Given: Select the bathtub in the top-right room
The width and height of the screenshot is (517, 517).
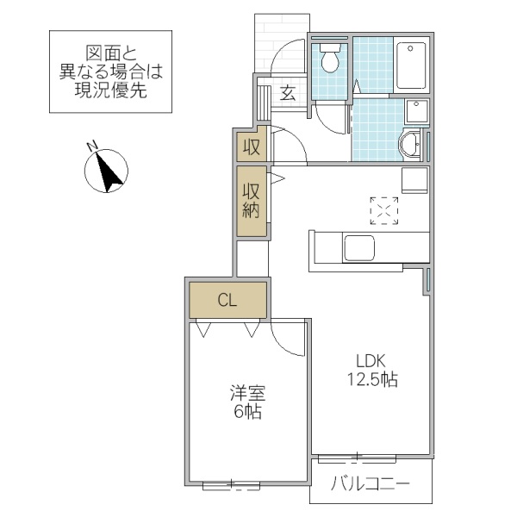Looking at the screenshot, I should pyautogui.click(x=413, y=65).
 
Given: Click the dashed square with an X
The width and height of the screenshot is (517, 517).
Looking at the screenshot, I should pyautogui.click(x=384, y=210).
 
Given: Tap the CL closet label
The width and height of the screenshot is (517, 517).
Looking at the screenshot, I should pyautogui.click(x=227, y=301).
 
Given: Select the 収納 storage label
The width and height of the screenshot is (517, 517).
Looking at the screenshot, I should pyautogui.click(x=251, y=201).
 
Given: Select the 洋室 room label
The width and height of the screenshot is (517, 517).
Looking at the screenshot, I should pyautogui.click(x=247, y=394).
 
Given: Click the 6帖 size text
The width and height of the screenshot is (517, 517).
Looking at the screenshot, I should pyautogui.click(x=247, y=413).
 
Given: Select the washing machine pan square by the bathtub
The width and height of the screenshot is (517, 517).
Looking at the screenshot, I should pyautogui.click(x=416, y=112).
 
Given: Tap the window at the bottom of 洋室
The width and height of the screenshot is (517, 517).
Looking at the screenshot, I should pyautogui.click(x=231, y=485).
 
